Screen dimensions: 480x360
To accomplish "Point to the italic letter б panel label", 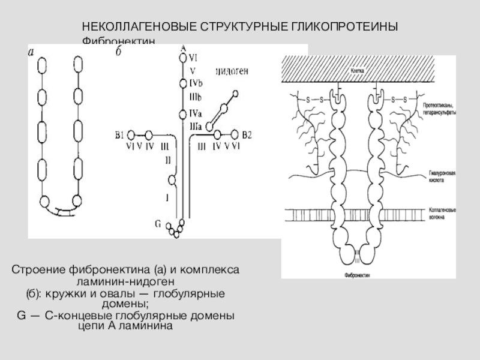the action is (x=118, y=53).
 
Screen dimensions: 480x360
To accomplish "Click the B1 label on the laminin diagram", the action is (x=120, y=134).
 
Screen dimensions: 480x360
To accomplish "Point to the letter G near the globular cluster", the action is (x=158, y=224).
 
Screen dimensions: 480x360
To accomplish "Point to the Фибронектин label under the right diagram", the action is (x=357, y=272).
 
